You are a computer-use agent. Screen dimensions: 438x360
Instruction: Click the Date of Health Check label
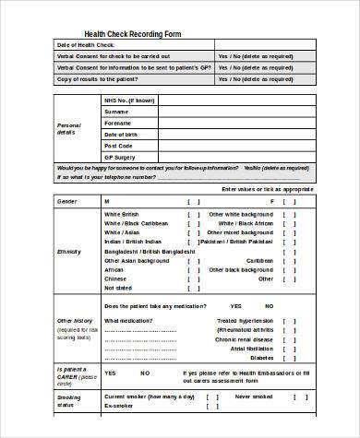coord(86,45)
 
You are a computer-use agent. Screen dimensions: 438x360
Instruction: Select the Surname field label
coord(117,111)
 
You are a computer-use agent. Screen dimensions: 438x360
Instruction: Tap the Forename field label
coord(118,123)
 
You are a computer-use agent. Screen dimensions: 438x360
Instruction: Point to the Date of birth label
coord(122,134)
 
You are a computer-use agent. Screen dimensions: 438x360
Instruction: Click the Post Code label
coord(119,146)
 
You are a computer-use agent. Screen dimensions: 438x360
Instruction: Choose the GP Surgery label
coord(120,157)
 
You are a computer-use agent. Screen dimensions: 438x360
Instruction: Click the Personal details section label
coord(70,128)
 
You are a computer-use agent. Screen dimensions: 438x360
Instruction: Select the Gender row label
coord(67,200)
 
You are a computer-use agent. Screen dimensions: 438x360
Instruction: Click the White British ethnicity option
coord(125,214)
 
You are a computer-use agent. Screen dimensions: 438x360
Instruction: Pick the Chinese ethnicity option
coord(115,278)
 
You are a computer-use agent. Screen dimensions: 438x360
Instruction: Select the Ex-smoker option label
coord(119,406)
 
